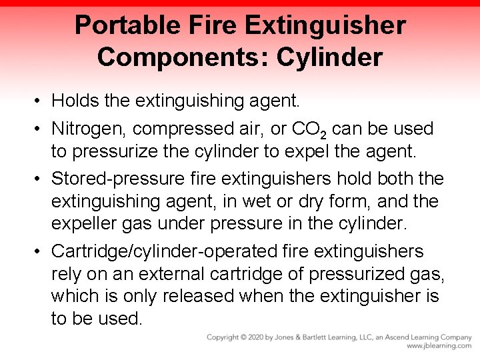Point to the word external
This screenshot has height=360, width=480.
coord(187,274)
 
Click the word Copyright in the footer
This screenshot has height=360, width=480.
coord(224,338)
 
